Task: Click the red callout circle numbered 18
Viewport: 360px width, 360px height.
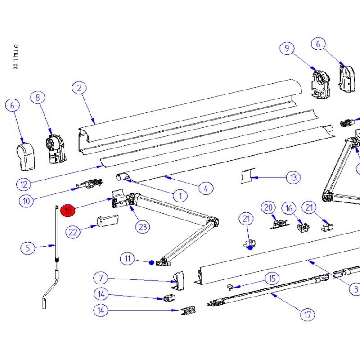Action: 68,210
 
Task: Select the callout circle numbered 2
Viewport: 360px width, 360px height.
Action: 79,88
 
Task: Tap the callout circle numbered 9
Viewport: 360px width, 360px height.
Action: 287,48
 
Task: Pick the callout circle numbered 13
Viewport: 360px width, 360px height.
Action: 293,177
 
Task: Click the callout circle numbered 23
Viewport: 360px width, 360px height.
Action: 143,227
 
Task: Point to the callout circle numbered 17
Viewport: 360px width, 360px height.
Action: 307,314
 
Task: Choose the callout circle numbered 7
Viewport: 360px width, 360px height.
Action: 101,278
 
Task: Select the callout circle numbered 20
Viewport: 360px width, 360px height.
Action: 268,207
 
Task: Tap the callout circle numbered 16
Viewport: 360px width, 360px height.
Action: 289,208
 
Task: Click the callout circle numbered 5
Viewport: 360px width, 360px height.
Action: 28,248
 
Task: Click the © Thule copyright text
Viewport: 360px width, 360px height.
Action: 15,57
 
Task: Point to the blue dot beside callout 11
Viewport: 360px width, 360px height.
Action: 151,262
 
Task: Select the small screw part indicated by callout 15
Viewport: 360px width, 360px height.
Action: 230,287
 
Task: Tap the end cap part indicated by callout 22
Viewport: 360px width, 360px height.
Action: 108,221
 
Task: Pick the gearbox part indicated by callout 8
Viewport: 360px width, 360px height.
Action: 56,149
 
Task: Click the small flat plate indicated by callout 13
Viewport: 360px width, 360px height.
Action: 248,175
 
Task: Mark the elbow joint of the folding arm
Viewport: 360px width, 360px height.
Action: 212,222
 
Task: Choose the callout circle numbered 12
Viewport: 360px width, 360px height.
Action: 24,184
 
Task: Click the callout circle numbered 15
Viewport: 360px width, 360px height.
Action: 272,279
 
